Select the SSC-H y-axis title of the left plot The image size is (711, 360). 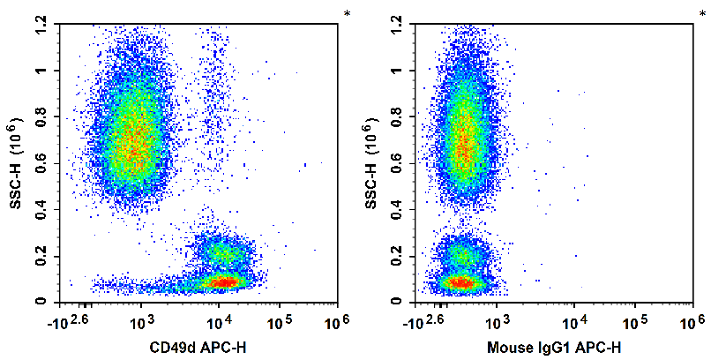click(x=17, y=163)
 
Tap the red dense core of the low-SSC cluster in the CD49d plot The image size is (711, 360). click(x=224, y=282)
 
